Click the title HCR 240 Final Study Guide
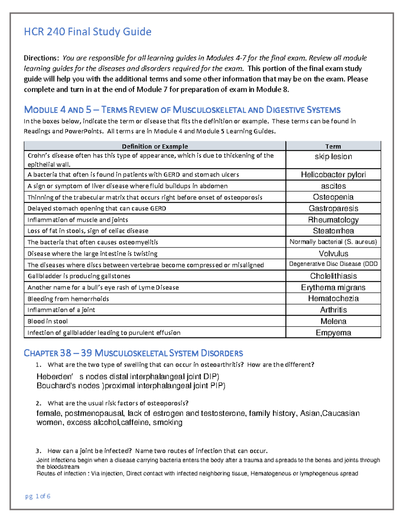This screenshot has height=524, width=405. coord(87,32)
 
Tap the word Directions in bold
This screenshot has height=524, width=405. coord(42,58)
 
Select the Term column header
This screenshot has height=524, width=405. coord(333,146)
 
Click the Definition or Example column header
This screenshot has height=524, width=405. coord(155,146)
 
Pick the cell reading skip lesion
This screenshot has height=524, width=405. coord(333,157)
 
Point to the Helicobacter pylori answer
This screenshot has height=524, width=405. coord(333,174)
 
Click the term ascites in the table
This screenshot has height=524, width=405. coord(333,186)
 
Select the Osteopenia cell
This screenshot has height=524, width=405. coord(333,197)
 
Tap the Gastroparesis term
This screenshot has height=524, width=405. coord(333,209)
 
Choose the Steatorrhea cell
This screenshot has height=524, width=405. coord(333,231)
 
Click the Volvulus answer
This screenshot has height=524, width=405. coord(333,253)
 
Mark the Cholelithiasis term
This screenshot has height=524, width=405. coord(333,276)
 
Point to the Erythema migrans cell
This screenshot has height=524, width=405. coord(333,287)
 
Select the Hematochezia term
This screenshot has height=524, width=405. coord(333,299)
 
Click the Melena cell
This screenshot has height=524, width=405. coord(333,321)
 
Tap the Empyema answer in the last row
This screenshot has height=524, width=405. coord(333,333)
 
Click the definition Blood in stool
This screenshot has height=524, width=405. coord(48,321)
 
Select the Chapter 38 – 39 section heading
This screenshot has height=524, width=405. coord(133,353)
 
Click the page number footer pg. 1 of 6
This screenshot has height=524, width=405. coord(38,496)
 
